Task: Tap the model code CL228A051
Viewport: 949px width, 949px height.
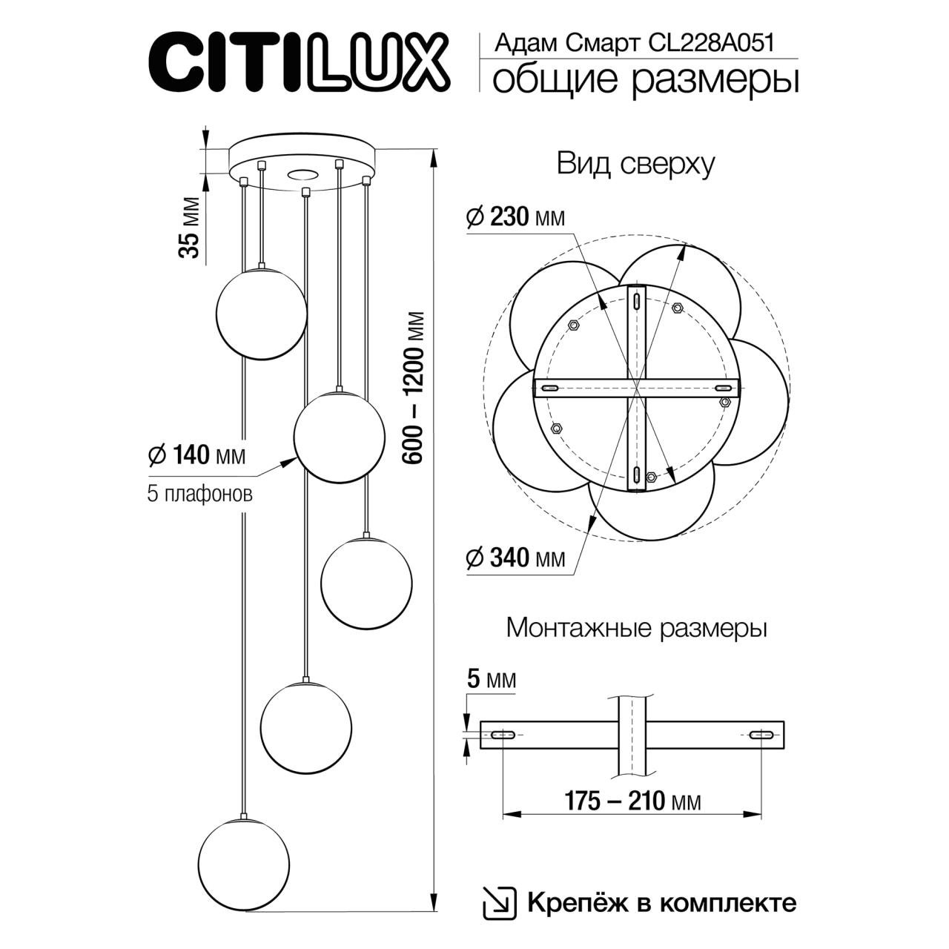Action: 711,43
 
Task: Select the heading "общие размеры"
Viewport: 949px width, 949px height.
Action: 645,80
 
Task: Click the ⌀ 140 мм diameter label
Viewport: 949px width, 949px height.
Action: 196,454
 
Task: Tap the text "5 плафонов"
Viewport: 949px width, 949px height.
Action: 199,494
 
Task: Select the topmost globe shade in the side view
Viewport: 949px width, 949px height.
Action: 260,311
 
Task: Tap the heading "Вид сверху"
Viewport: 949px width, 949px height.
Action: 635,164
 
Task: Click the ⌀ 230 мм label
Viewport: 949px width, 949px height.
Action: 515,217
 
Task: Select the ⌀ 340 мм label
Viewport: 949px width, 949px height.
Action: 515,558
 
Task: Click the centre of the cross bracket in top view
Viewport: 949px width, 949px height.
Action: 637,388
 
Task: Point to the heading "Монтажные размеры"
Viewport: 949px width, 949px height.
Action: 635,629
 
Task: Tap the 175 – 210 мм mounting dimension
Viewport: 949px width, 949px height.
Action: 632,801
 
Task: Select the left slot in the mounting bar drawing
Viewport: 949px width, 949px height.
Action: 503,735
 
